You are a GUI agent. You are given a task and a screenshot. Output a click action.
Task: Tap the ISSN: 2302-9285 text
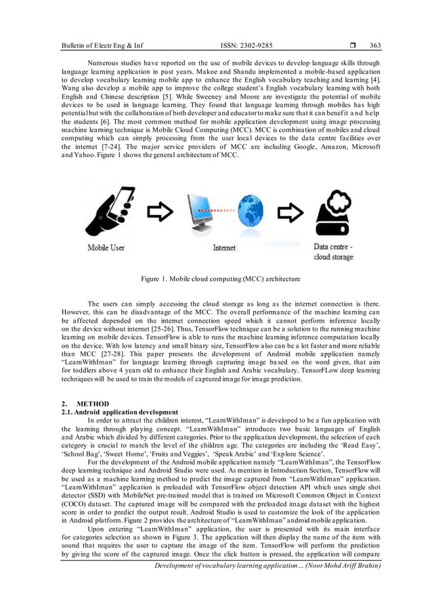pyautogui.click(x=247, y=46)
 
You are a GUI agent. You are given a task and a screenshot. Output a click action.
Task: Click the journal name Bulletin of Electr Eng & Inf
pyautogui.click(x=102, y=46)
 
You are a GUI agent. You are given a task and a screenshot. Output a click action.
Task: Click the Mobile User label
pyautogui.click(x=106, y=248)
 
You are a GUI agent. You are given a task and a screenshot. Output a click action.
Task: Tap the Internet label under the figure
pyautogui.click(x=224, y=248)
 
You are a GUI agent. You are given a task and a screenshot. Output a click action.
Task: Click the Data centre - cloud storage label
pyautogui.click(x=332, y=252)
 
